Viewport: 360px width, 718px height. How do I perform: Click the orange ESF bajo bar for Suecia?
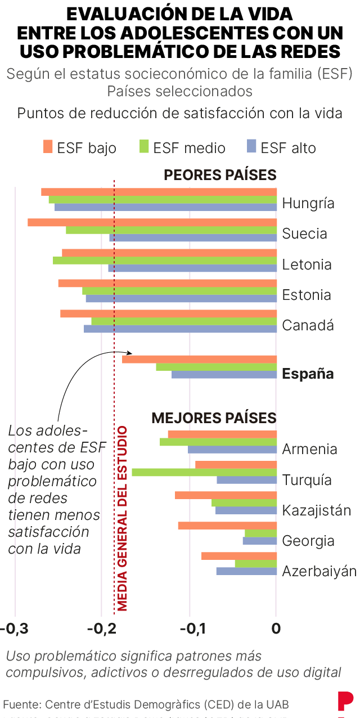[x=152, y=222]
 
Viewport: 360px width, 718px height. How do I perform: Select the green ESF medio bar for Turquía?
[x=204, y=472]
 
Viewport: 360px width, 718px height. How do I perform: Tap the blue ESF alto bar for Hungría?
[x=165, y=207]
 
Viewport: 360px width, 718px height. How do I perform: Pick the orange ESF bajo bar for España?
[x=199, y=359]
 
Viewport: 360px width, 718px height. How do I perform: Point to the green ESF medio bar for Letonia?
[x=165, y=261]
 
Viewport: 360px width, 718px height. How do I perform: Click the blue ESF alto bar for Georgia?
[x=260, y=541]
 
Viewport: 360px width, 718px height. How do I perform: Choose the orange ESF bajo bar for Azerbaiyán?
[x=239, y=556]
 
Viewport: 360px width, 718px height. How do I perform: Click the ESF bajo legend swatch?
[x=48, y=147]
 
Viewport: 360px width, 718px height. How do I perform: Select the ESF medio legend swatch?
[x=144, y=147]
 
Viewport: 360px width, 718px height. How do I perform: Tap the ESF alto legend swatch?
[x=251, y=147]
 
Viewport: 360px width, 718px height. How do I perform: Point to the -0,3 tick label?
[x=15, y=629]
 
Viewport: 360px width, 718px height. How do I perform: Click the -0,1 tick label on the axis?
[x=189, y=629]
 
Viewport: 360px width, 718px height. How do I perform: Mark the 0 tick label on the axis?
[x=276, y=629]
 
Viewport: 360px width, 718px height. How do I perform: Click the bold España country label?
[x=308, y=374]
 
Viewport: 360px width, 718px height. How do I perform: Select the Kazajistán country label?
[x=317, y=510]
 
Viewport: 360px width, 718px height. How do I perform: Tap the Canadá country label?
[x=308, y=325]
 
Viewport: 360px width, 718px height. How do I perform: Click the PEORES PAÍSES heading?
[x=220, y=175]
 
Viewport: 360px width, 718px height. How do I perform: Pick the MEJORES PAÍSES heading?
[x=214, y=418]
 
